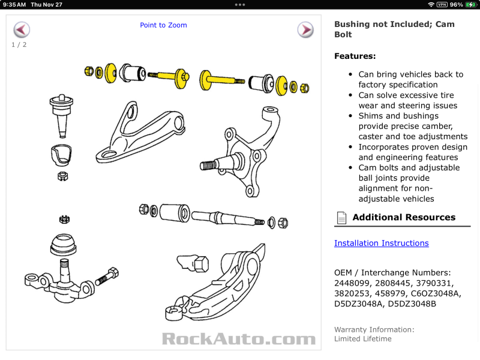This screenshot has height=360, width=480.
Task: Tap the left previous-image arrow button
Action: [x=22, y=29]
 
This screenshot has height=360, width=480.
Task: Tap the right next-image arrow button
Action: [x=305, y=29]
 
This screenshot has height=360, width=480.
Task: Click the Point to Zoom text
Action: [x=163, y=25]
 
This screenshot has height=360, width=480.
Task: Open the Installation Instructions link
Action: [x=381, y=243]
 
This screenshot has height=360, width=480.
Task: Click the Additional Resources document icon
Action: [x=341, y=217]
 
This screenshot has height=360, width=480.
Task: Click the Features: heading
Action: [x=355, y=56]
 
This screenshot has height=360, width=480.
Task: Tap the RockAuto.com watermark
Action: [x=238, y=339]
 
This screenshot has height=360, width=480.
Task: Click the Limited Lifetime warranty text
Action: [x=362, y=339]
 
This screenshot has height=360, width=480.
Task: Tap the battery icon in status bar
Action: [x=472, y=4]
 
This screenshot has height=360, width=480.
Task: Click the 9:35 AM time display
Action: [x=14, y=4]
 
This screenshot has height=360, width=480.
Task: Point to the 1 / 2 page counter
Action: [x=19, y=44]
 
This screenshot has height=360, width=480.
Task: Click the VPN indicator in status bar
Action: [x=442, y=4]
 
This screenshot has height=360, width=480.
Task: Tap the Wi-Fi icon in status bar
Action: [x=431, y=4]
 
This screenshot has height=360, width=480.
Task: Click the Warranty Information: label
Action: [x=374, y=329]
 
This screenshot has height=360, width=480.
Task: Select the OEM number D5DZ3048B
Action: [x=412, y=303]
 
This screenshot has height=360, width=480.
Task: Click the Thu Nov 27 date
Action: [x=47, y=4]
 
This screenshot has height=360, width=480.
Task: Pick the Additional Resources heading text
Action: [x=404, y=217]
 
